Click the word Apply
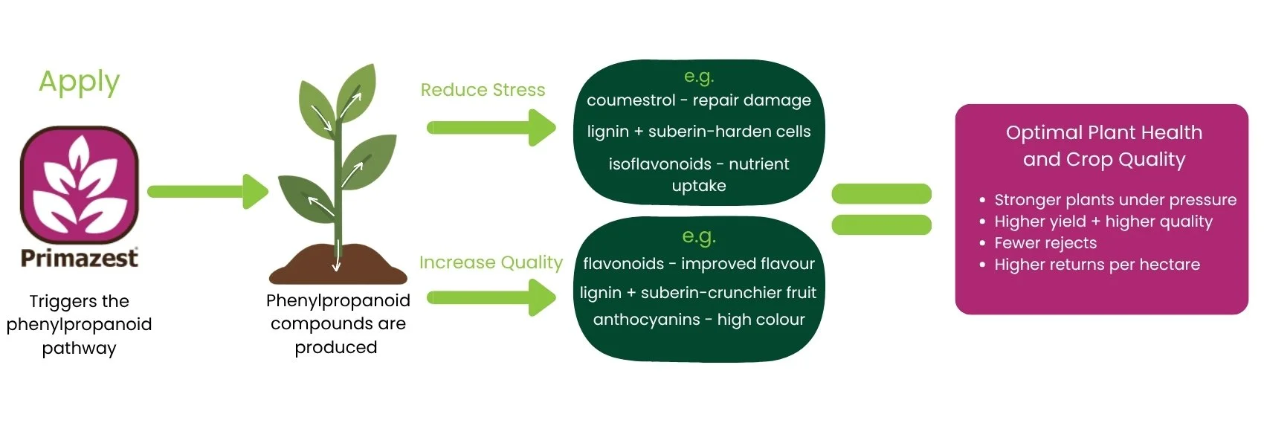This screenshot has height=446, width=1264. [79, 82]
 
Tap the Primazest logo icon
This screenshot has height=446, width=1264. [80, 185]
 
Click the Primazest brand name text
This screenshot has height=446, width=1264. [80, 258]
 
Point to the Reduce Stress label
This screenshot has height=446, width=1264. [483, 90]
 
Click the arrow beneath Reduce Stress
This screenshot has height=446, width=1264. [491, 128]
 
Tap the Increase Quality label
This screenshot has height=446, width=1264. [491, 262]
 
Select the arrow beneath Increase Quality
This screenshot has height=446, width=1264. [491, 298]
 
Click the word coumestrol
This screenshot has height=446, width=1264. [631, 100]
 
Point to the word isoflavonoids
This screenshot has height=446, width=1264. [660, 164]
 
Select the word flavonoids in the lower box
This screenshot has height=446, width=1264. [623, 264]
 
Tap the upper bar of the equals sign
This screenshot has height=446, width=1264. [881, 193]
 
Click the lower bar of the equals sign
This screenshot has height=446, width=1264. [881, 224]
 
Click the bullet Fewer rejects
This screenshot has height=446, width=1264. [1045, 243]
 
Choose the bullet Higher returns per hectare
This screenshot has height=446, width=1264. [1097, 265]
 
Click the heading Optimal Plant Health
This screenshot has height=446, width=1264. [1103, 133]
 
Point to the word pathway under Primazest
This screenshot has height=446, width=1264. [79, 349]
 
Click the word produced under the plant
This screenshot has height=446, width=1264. [336, 348]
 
